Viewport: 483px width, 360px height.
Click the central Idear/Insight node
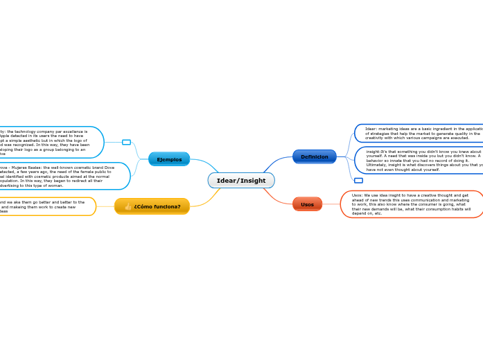tap(241, 181)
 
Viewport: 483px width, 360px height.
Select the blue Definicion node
tap(314, 156)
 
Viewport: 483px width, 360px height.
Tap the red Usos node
tap(307, 204)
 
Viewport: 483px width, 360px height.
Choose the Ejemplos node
tap(169, 159)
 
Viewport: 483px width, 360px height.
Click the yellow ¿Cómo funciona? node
tap(152, 206)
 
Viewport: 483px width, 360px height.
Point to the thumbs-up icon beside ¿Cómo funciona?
tap(128, 206)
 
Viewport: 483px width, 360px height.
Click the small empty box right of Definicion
tap(358, 181)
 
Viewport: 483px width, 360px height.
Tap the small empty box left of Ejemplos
tap(126, 142)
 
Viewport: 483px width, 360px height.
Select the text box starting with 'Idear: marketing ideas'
tap(419, 133)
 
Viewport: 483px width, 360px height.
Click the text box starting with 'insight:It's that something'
tap(419, 160)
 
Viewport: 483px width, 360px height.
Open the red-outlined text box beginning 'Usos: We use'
tap(412, 204)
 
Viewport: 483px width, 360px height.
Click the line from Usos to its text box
tap(331, 204)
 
